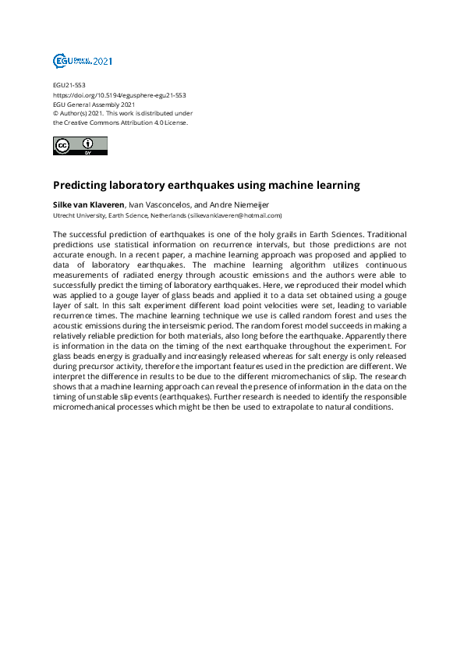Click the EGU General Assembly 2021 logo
tap(82, 61)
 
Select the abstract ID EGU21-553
tap(69, 85)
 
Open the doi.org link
tap(119, 94)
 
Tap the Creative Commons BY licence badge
tap(80, 145)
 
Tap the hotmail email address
tap(235, 215)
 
